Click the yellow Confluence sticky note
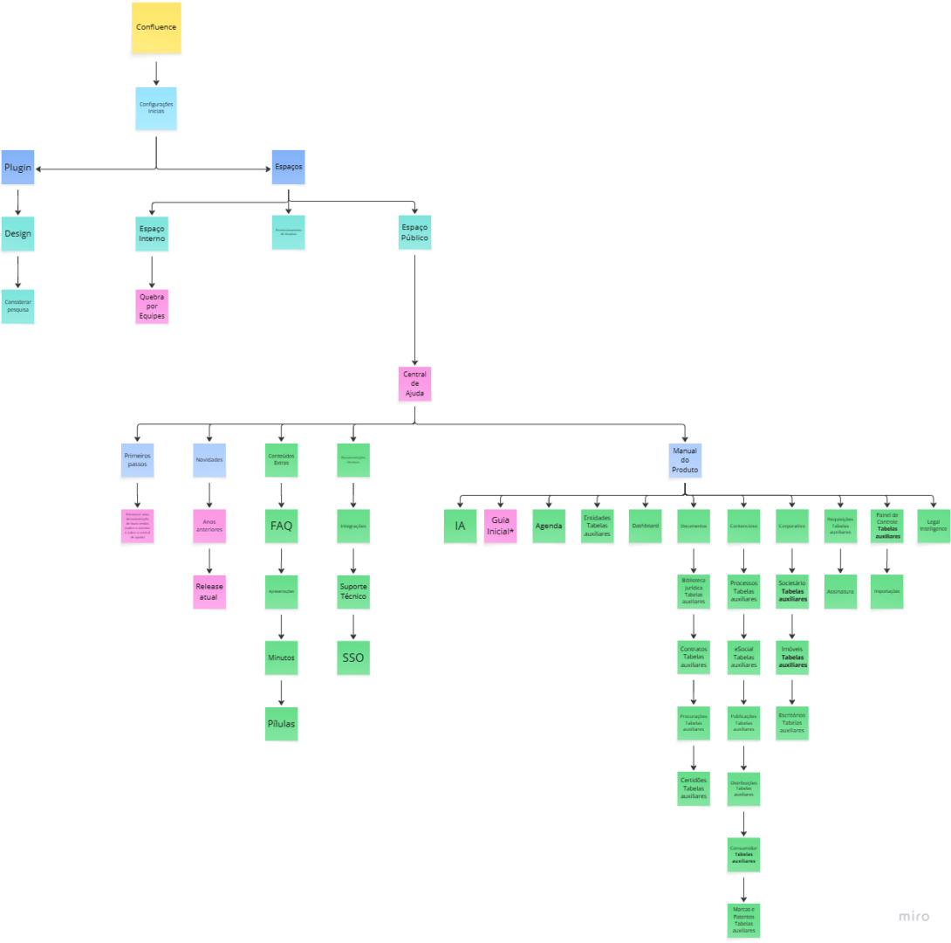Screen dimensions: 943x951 click(156, 28)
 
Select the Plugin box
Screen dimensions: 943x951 click(17, 168)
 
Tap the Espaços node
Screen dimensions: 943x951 click(288, 167)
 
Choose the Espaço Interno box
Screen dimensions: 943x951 click(152, 233)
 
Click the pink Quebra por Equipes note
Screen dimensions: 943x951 click(152, 306)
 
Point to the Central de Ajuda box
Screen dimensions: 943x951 click(414, 385)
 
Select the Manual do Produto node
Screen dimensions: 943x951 click(685, 460)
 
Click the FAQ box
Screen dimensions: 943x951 click(281, 527)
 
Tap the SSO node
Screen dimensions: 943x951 click(353, 657)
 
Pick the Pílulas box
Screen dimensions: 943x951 click(281, 725)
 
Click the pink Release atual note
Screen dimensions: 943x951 click(209, 592)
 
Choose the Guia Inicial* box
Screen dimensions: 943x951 click(501, 527)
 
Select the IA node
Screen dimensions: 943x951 click(460, 527)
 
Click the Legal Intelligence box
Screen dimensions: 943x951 click(933, 527)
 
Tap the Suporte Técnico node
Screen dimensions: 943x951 click(353, 592)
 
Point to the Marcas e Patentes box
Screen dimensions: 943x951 click(743, 920)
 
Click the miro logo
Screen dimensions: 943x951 click(914, 917)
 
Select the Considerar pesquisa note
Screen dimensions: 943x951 click(17, 306)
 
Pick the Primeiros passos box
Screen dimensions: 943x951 click(138, 460)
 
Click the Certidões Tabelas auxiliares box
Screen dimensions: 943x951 click(694, 788)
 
